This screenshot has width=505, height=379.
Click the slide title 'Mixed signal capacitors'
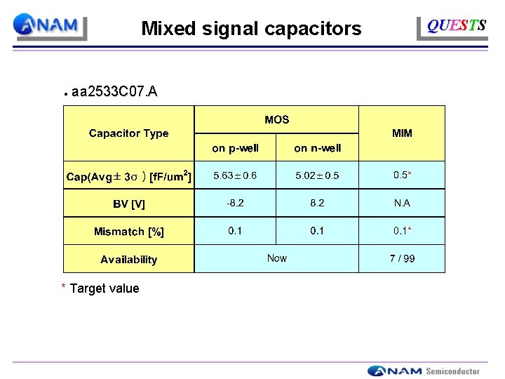pyautogui.click(x=251, y=29)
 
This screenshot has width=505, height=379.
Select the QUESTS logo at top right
pyautogui.click(x=456, y=27)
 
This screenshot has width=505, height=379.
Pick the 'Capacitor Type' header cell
pyautogui.click(x=128, y=133)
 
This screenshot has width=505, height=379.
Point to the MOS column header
pyautogui.click(x=276, y=120)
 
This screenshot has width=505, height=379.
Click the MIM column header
pyautogui.click(x=402, y=133)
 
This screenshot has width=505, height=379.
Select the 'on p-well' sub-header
pyautogui.click(x=235, y=148)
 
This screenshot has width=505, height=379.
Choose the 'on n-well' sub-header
pyautogui.click(x=317, y=148)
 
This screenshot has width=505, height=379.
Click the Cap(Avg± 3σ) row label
pyautogui.click(x=128, y=176)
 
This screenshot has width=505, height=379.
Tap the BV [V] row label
pyautogui.click(x=128, y=204)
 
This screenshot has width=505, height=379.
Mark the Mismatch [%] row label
pyautogui.click(x=128, y=231)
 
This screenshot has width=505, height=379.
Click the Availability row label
pyautogui.click(x=128, y=259)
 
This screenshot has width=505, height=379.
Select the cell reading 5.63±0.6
pyautogui.click(x=235, y=175)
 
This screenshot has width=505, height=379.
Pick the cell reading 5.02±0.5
pyautogui.click(x=317, y=175)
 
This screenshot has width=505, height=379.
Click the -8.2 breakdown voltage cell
pyautogui.click(x=235, y=203)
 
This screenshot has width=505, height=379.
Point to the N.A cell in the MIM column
pyautogui.click(x=402, y=203)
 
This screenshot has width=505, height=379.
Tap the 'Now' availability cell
pyautogui.click(x=276, y=258)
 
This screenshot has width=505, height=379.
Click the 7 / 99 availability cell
pyautogui.click(x=402, y=258)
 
